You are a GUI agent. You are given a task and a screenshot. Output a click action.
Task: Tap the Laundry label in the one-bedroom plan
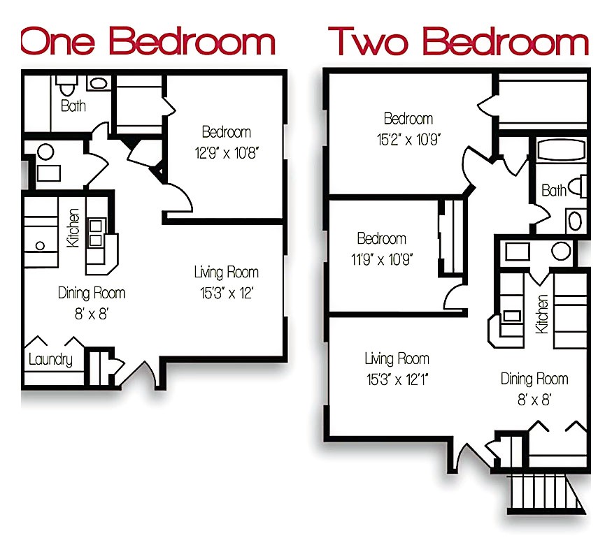pyautogui.click(x=50, y=360)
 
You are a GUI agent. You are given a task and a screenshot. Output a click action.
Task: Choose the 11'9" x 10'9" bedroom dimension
pyautogui.click(x=381, y=259)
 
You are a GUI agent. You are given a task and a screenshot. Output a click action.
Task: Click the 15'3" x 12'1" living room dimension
pyautogui.click(x=397, y=380)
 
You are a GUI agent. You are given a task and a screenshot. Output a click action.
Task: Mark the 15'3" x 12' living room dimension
pyautogui.click(x=226, y=292)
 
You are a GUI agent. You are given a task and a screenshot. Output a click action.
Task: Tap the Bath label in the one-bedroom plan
pyautogui.click(x=73, y=106)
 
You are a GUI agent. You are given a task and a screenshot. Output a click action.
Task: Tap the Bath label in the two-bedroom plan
pyautogui.click(x=554, y=190)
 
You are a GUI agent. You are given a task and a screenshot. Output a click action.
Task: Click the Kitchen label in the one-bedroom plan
pyautogui.click(x=72, y=228)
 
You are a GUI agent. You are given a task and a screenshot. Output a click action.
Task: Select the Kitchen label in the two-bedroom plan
pyautogui.click(x=541, y=314)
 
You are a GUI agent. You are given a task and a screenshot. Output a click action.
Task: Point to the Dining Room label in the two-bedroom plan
pyautogui.click(x=534, y=379)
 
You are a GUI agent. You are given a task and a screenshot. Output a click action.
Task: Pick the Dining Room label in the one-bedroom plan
pyautogui.click(x=92, y=293)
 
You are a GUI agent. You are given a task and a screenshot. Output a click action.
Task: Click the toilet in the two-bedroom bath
pyautogui.click(x=578, y=187)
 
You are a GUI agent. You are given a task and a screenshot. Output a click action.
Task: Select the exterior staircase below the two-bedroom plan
pyautogui.click(x=546, y=492)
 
